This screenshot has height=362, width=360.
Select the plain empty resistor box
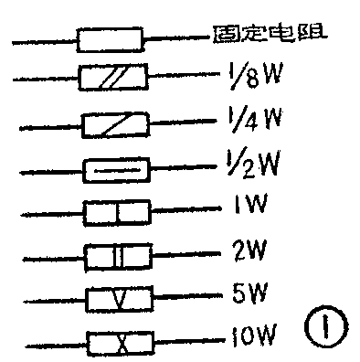point(110,41)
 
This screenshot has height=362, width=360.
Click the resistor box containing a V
point(116,298)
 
